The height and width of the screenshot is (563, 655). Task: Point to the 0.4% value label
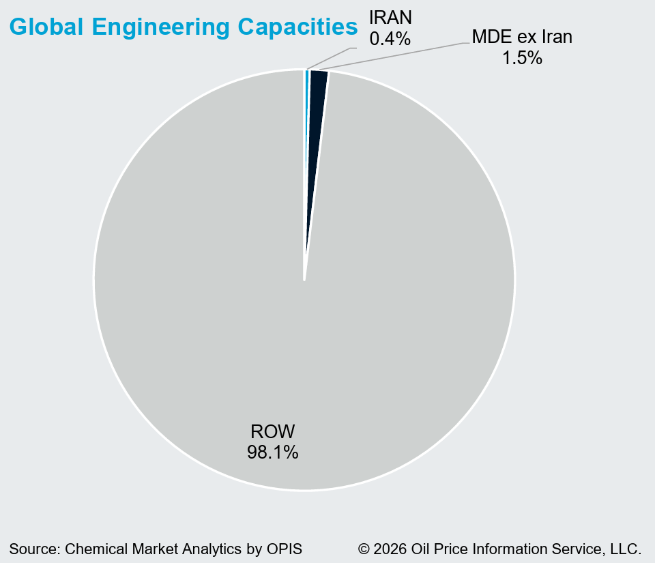coord(390,39)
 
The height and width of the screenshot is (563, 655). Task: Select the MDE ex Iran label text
coord(522,37)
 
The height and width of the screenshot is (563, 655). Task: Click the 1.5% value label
coord(522,58)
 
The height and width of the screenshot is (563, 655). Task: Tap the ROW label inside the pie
coord(272,431)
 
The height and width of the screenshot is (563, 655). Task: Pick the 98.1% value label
coord(272,452)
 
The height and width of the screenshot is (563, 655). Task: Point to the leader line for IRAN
coord(331,58)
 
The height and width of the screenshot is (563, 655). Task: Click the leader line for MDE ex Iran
coord(396,56)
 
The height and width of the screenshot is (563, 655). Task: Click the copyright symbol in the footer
coord(364,549)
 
